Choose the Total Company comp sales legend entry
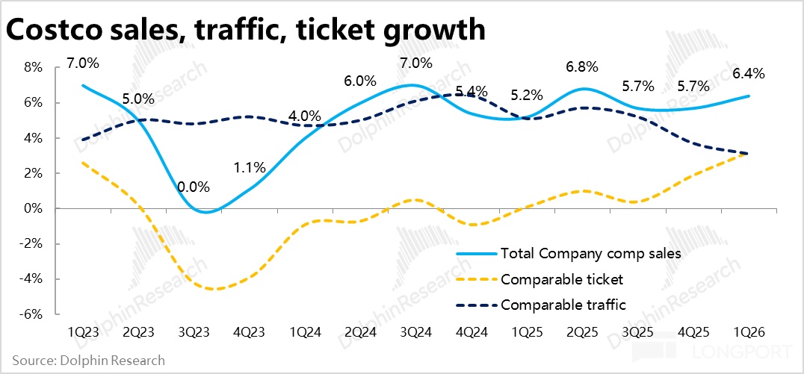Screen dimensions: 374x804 click(590, 254)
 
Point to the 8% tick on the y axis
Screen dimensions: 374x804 click(34, 67)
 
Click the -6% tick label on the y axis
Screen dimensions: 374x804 click(33, 314)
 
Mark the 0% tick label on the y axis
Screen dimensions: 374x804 click(34, 208)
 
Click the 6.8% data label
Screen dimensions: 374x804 click(582, 67)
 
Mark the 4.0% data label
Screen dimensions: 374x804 click(305, 116)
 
